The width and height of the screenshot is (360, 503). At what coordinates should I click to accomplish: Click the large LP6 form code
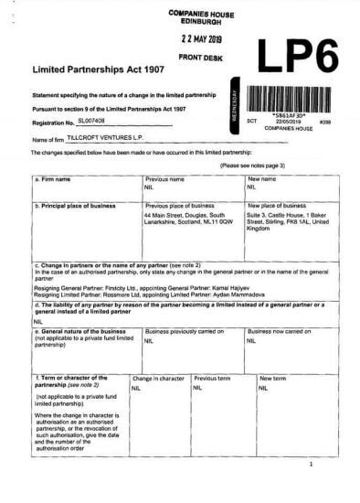pos(296,58)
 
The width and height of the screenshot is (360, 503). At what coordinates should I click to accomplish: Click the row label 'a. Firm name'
pos(54,179)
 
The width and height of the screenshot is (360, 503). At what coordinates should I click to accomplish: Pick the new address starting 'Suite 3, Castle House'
pos(289,220)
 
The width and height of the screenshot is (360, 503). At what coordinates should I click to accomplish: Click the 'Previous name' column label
pos(164,179)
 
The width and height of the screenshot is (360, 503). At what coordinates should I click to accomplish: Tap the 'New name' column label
pos(262,179)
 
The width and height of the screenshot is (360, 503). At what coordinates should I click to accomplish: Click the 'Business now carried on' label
pos(286,331)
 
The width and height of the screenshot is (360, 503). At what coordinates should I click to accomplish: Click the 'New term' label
pos(271,377)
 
